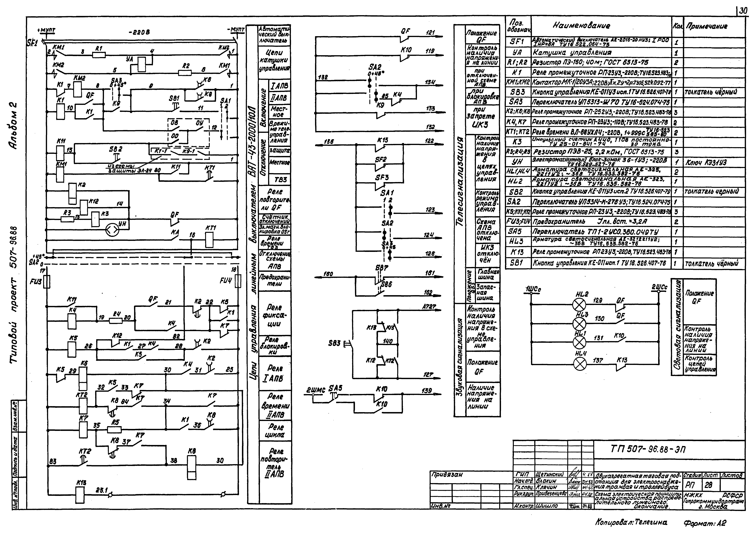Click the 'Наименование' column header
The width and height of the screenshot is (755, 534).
(581, 26)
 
